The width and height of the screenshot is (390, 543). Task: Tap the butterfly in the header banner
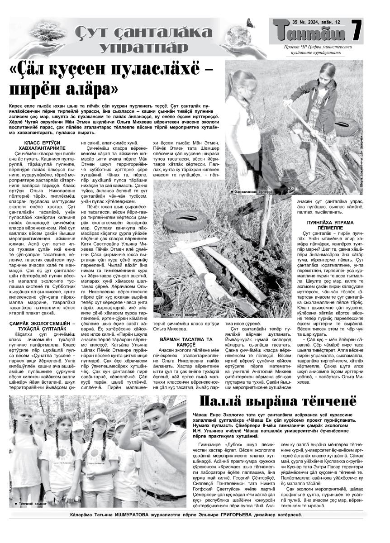click(x=250, y=23)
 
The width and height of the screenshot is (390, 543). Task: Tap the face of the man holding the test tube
click(x=153, y=419)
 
